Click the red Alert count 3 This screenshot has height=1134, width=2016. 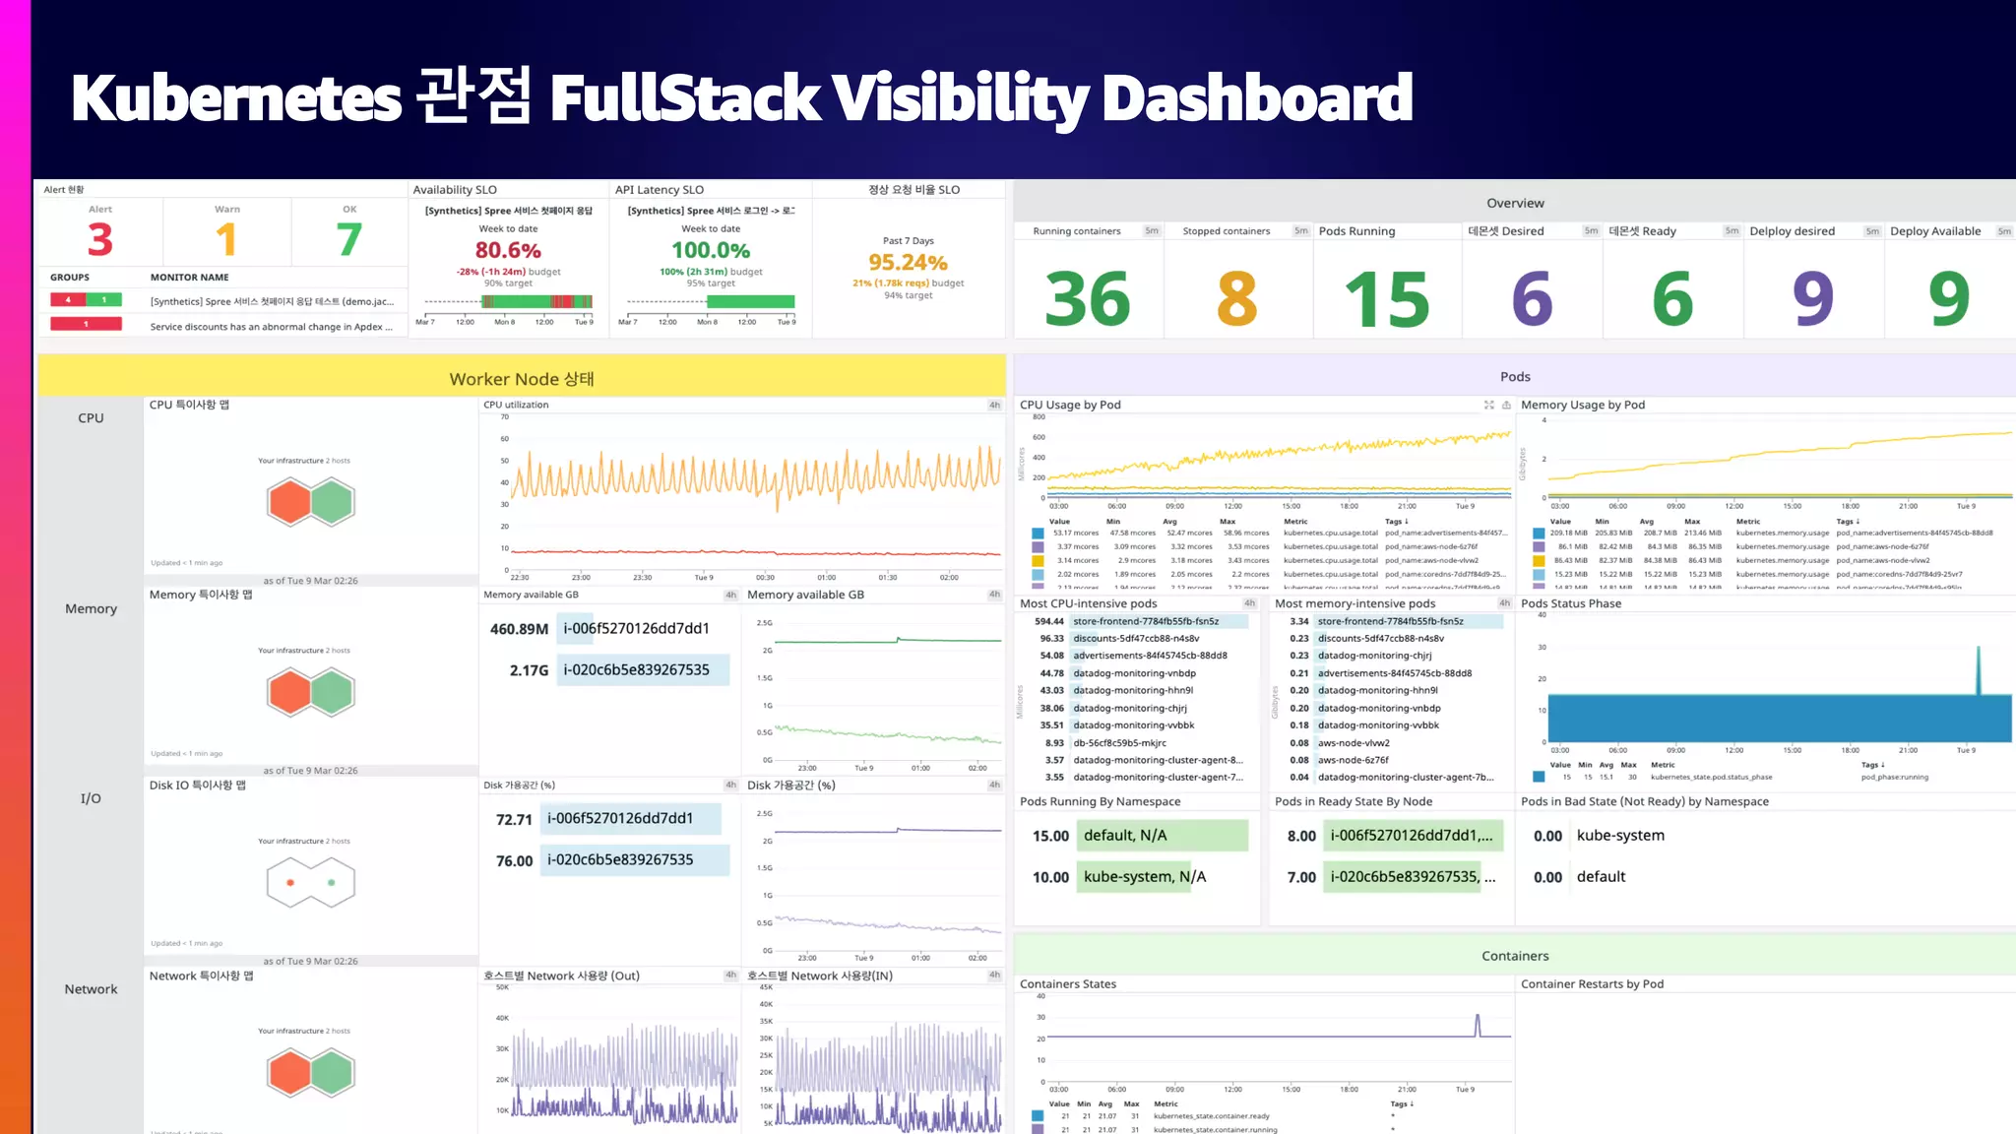99,239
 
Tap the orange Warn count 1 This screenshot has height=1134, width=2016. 226,239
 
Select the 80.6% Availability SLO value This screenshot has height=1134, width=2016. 508,250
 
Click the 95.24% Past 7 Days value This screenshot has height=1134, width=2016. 908,263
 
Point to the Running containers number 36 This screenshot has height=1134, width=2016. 1087,299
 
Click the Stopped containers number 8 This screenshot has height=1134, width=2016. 1236,299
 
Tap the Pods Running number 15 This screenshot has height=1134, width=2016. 1386,299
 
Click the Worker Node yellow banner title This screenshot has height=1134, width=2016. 521,379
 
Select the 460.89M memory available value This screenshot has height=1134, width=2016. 519,629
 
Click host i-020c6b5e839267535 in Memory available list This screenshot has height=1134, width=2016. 636,670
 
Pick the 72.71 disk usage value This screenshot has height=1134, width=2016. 514,819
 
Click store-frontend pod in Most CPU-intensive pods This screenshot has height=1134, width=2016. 1146,621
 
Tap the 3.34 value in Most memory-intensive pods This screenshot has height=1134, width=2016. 1298,621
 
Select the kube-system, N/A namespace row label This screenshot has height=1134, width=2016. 1144,877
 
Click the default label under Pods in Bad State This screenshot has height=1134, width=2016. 1601,877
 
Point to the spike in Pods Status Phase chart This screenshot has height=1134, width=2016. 1979,669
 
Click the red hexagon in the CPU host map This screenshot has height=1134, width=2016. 289,502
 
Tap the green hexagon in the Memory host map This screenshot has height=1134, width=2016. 333,693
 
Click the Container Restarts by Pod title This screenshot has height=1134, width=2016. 1592,983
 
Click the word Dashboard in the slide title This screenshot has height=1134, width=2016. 1256,97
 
